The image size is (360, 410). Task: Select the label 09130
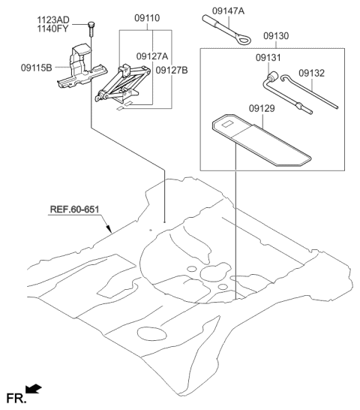point(279,35)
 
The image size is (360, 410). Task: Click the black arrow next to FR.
point(33,387)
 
